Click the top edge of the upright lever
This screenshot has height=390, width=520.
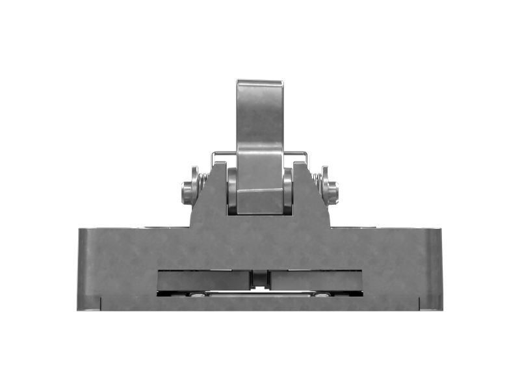(259, 82)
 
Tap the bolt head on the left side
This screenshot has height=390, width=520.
(187, 192)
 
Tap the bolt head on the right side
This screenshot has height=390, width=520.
(333, 192)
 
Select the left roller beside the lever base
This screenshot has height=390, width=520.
(231, 190)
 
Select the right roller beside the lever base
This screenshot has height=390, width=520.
(288, 190)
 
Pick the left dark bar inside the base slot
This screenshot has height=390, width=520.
(203, 280)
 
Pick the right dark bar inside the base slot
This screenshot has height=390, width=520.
(316, 280)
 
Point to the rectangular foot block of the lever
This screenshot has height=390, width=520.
(259, 201)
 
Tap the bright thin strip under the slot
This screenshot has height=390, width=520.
(260, 294)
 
